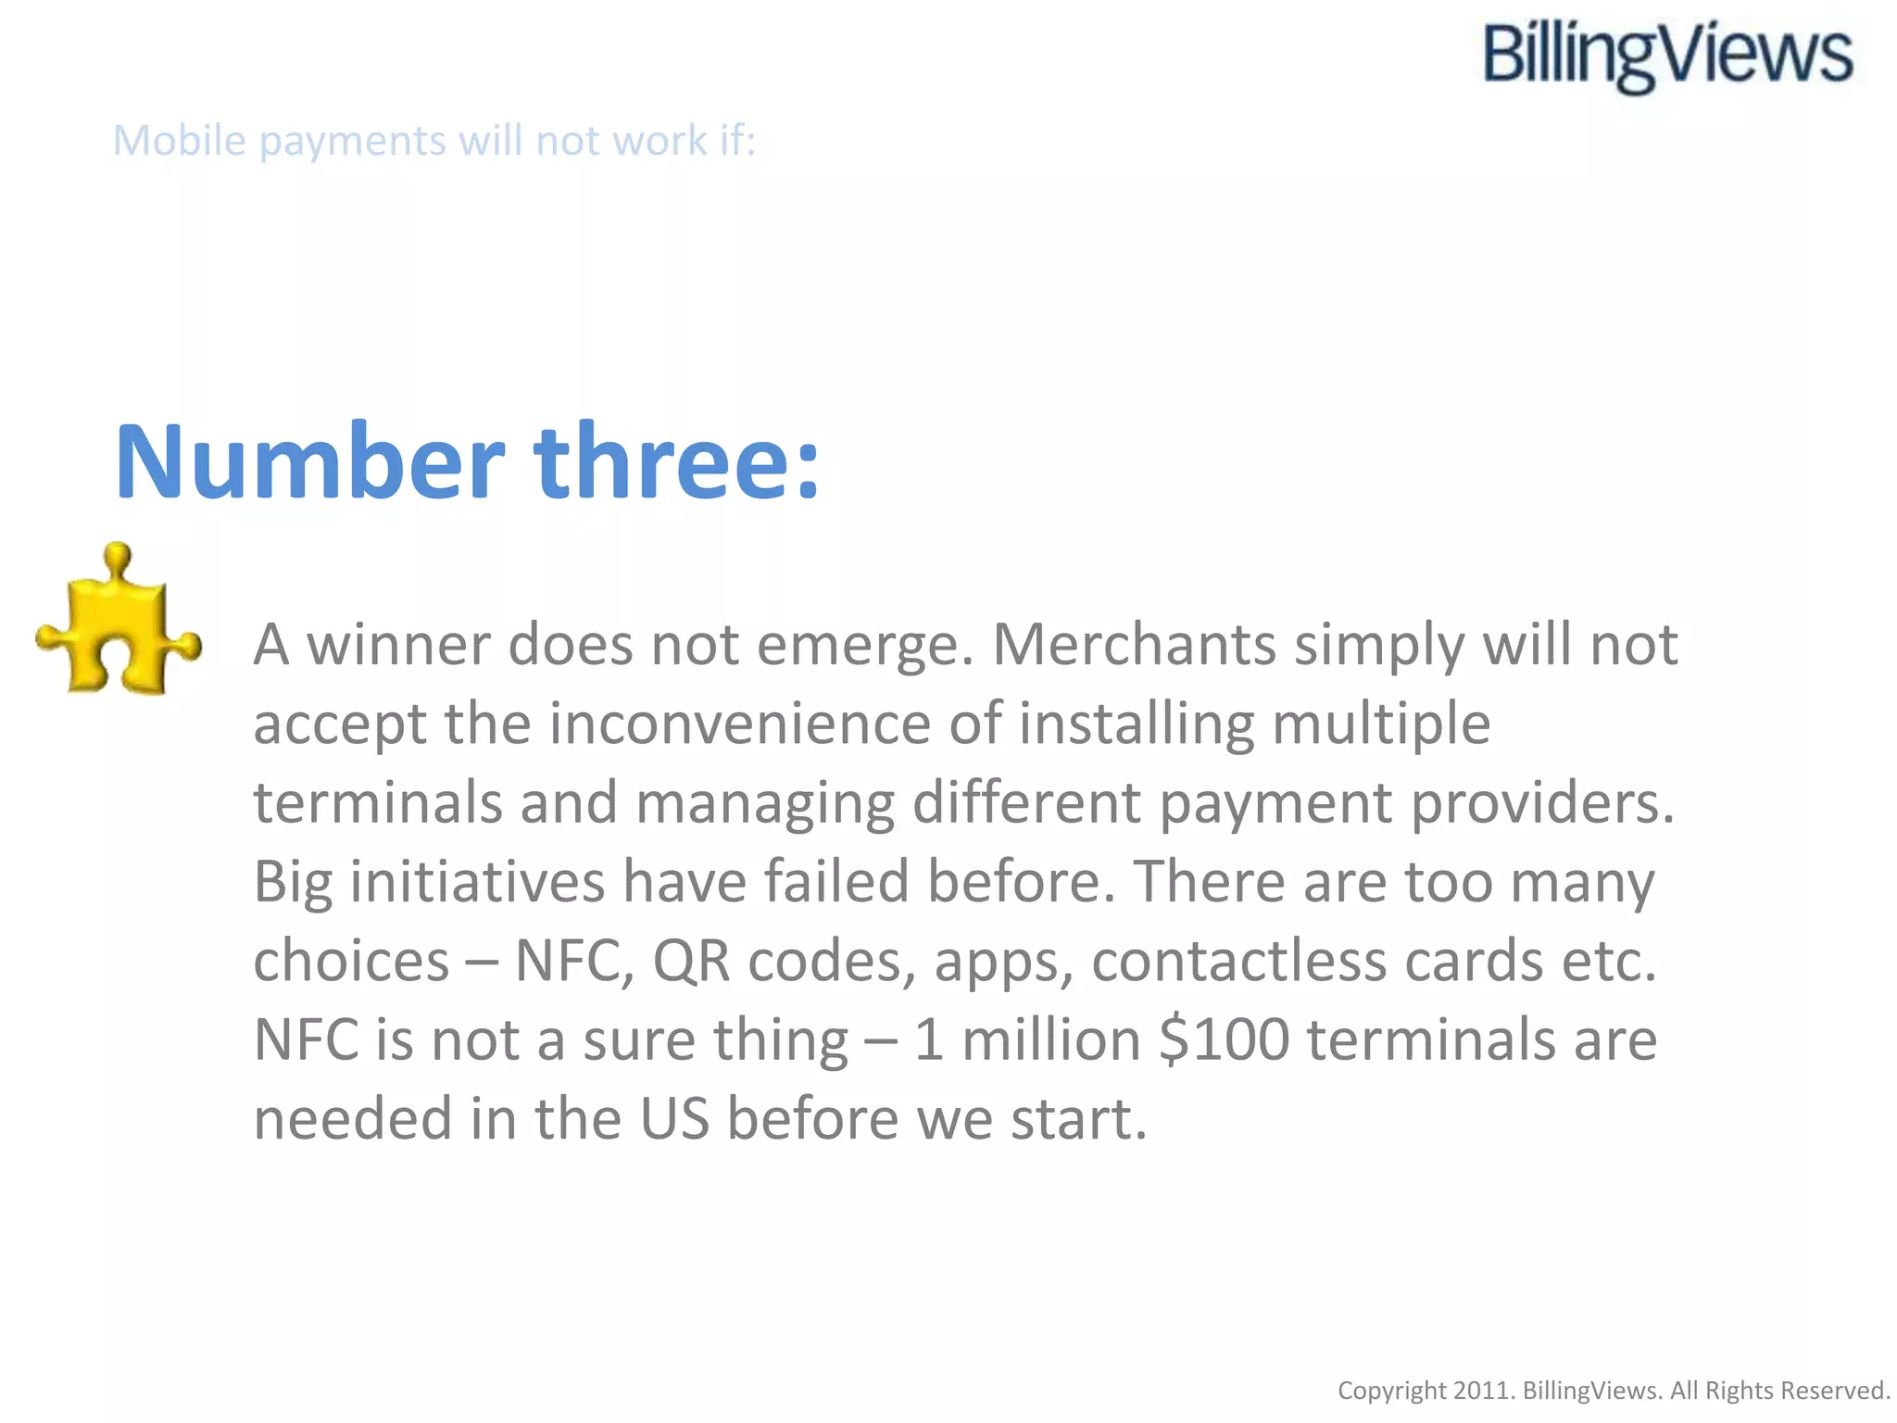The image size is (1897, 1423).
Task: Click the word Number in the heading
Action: point(309,462)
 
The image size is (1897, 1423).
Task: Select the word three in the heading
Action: point(676,462)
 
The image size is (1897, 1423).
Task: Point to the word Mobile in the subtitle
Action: point(180,141)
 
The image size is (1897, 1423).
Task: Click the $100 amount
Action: point(1224,1039)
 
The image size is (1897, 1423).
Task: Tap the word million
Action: point(1051,1039)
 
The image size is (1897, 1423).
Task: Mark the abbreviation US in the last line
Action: point(674,1118)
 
